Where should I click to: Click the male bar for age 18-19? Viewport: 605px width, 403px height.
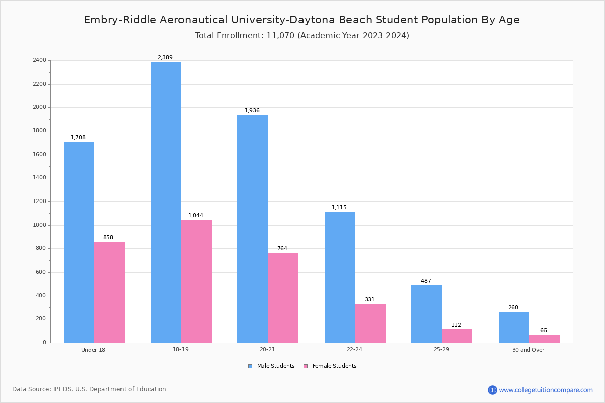(x=166, y=201)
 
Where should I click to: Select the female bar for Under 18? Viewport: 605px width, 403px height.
(x=109, y=292)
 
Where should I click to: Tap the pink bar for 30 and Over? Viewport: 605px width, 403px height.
(x=544, y=339)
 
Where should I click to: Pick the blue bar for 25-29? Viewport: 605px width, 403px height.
(x=427, y=314)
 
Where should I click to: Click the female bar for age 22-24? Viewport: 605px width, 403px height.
(x=370, y=323)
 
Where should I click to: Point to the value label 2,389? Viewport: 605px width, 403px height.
(x=165, y=58)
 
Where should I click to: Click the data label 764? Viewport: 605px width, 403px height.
(x=282, y=249)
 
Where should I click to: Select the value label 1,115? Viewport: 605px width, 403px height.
(x=339, y=208)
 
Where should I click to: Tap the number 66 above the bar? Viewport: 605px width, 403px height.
(x=543, y=331)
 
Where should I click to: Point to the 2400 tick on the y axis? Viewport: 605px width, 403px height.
(x=40, y=60)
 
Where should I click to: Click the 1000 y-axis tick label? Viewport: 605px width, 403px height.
(x=40, y=225)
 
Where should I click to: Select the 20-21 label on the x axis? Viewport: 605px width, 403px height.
(x=267, y=350)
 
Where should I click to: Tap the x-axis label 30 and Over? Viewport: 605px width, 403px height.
(x=528, y=350)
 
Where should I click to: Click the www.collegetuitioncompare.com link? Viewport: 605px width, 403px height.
(x=546, y=390)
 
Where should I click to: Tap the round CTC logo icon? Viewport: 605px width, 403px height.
(x=492, y=390)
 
